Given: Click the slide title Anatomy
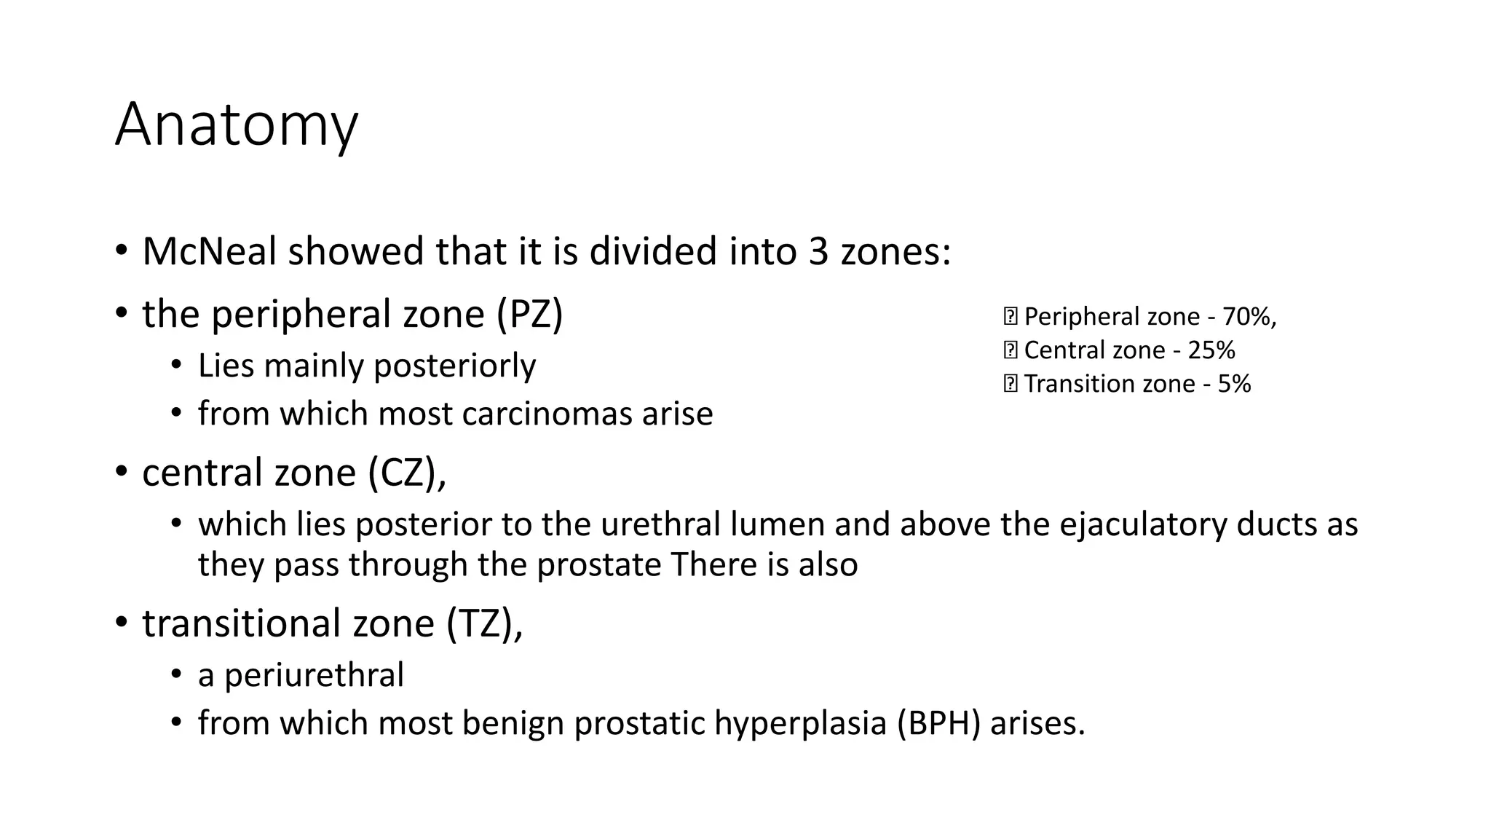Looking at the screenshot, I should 237,125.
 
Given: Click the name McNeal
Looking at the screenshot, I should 210,252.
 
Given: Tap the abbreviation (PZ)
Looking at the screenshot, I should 530,315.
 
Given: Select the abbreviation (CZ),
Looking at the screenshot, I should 407,473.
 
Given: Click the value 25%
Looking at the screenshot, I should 1211,350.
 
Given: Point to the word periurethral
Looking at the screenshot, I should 314,675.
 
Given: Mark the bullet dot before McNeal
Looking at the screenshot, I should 122,251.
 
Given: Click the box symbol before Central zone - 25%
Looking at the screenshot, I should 1010,350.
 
